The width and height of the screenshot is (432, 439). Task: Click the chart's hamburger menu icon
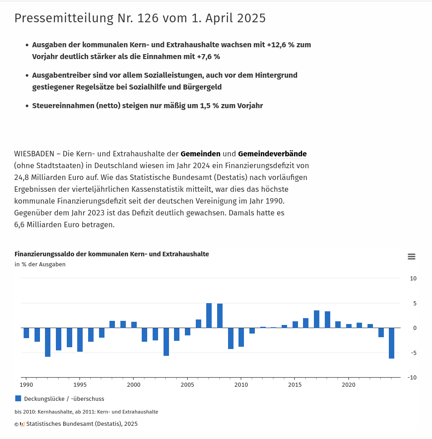coord(411,256)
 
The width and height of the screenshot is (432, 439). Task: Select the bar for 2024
coord(392,343)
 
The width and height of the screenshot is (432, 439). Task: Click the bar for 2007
coord(209,315)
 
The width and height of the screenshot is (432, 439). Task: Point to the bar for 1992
coord(48,342)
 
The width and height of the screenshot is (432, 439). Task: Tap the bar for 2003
coord(166,342)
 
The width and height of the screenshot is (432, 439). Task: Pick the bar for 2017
coord(317,319)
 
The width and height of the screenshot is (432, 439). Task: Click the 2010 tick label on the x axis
coord(241,384)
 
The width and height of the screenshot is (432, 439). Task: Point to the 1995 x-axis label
coord(80,384)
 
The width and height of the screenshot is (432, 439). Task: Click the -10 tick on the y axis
coord(412,377)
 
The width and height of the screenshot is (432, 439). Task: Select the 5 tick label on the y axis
coord(415,303)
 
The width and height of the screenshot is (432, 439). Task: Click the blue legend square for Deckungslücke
coord(18,399)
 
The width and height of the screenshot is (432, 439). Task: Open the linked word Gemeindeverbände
coord(272,154)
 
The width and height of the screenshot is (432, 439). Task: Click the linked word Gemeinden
coord(200,154)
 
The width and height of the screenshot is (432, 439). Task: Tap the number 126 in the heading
coord(148,18)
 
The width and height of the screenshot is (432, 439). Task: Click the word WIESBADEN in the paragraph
coord(34,154)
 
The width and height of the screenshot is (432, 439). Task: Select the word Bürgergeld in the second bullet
coord(202,87)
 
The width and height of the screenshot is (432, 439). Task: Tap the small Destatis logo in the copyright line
coord(22,424)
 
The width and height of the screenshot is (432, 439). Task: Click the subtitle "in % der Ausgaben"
coord(40,264)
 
